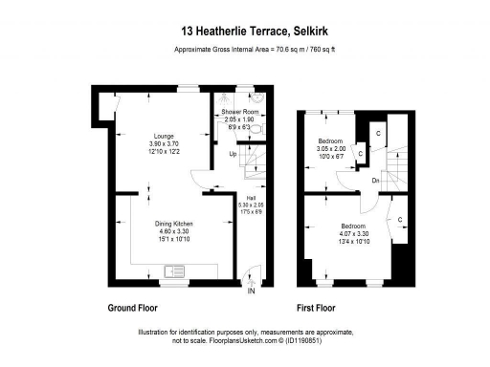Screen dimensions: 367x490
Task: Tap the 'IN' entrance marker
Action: click(252, 291)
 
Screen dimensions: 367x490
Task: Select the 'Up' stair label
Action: click(233, 153)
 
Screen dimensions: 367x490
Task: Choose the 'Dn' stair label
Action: click(378, 179)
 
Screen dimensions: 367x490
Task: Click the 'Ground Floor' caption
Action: click(133, 309)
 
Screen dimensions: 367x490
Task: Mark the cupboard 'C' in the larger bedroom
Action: click(397, 219)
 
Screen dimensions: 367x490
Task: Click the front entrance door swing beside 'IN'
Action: click(251, 274)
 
